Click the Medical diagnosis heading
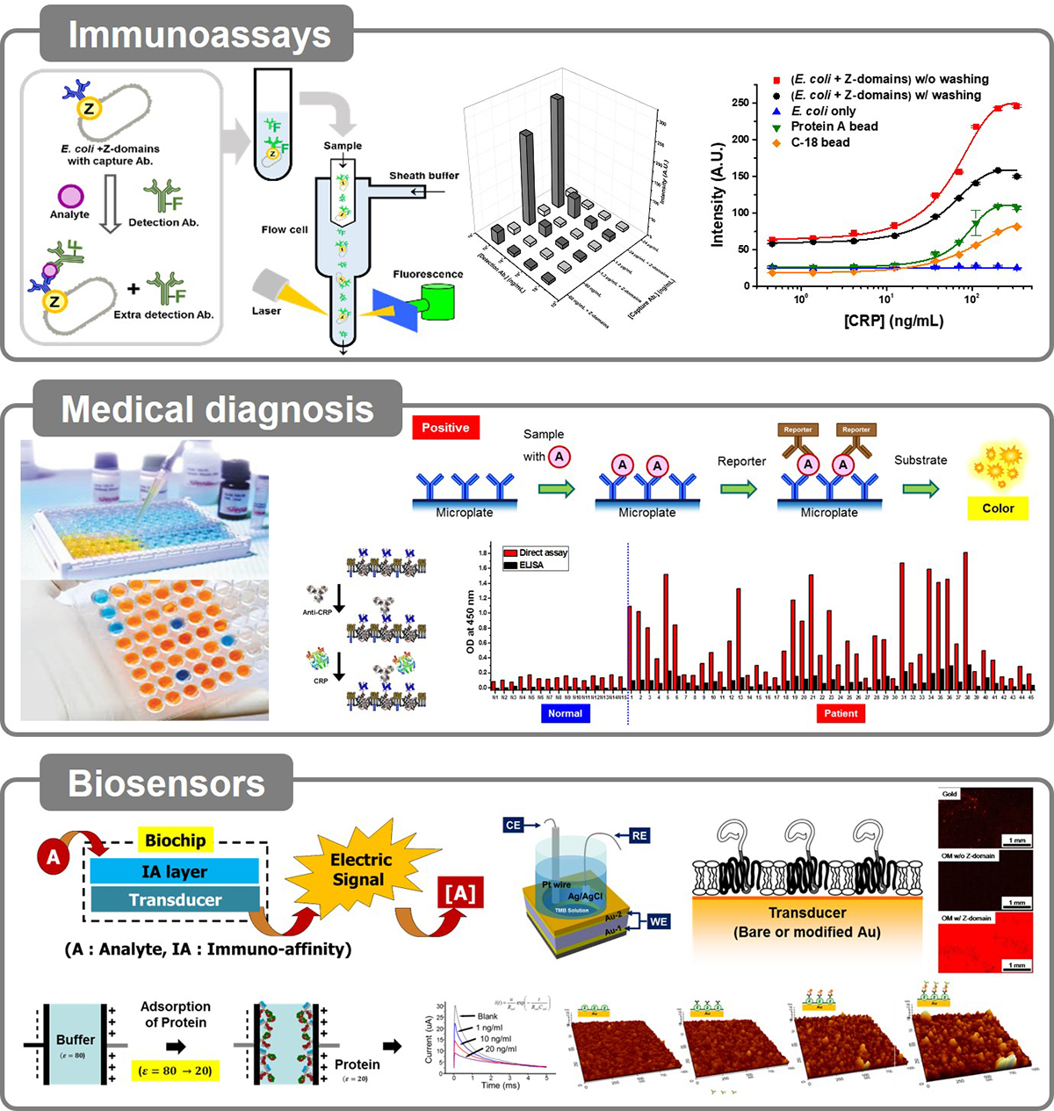pos(217,409)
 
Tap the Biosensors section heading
pos(166,783)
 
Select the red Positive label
pos(445,428)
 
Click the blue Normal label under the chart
pos(565,713)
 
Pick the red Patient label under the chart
pos(841,713)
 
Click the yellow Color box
pos(998,508)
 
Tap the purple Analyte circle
pos(70,196)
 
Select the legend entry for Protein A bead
pos(834,126)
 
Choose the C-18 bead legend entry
pos(819,142)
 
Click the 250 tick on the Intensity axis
pos(740,103)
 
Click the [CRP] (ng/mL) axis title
pos(893,321)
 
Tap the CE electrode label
pos(514,825)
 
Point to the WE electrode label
pos(658,921)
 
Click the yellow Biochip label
pos(175,840)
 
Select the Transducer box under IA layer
pos(175,899)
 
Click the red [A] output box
pos(460,894)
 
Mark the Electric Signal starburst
pos(359,869)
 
